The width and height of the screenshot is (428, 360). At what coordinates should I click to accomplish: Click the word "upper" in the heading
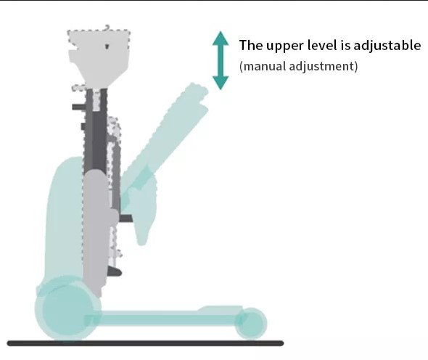click(285, 46)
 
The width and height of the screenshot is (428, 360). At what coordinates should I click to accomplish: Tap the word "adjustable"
click(387, 45)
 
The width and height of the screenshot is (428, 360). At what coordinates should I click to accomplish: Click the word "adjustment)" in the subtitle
click(324, 66)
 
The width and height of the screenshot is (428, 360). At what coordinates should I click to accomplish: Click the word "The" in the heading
click(251, 45)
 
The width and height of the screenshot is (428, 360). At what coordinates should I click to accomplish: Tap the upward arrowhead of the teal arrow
click(221, 38)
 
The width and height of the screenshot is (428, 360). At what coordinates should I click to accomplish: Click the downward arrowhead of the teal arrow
click(221, 83)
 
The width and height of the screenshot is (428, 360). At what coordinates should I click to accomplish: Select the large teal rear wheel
click(68, 308)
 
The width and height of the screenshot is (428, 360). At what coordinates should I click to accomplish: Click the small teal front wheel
click(251, 324)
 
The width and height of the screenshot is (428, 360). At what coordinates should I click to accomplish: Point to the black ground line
click(146, 343)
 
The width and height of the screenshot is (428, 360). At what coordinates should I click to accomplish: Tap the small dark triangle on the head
click(107, 46)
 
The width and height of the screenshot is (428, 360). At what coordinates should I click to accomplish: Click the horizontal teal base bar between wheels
click(164, 318)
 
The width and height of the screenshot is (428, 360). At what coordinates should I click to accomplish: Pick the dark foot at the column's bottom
click(114, 271)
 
